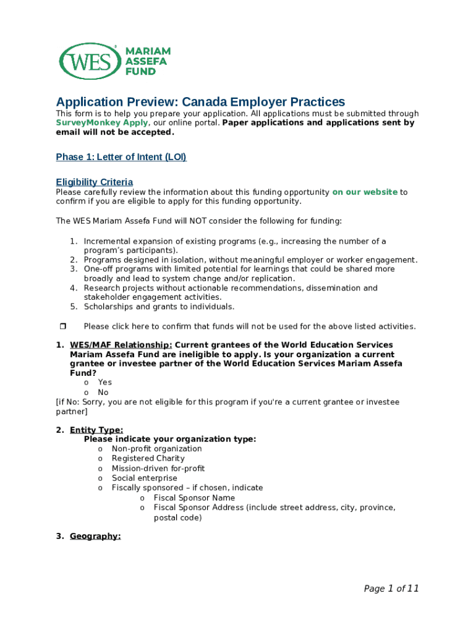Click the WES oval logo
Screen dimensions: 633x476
[x=89, y=61]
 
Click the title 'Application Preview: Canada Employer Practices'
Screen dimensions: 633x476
[x=200, y=102]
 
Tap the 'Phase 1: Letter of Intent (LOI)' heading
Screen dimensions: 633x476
[x=121, y=157]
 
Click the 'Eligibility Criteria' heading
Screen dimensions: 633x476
[x=94, y=182]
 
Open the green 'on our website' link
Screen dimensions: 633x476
[x=365, y=192]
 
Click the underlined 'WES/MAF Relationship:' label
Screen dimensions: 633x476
[x=121, y=345]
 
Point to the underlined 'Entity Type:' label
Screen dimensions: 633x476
[x=96, y=430]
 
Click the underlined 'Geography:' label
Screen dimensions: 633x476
[x=95, y=536]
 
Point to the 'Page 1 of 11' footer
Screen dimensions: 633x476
[x=391, y=588]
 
